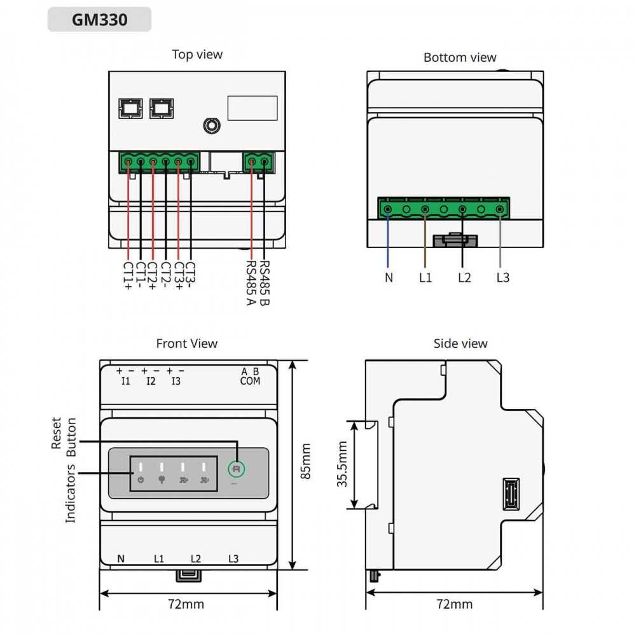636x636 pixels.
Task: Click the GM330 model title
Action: click(99, 19)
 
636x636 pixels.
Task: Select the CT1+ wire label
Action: click(128, 276)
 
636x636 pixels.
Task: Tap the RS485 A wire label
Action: click(251, 282)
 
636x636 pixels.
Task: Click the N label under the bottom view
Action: click(388, 277)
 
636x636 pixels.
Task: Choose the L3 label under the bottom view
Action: click(502, 277)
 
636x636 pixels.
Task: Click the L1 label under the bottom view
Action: click(425, 277)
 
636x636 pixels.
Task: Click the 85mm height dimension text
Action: click(306, 461)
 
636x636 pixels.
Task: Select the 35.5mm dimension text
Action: click(343, 464)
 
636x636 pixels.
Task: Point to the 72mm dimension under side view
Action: click(454, 604)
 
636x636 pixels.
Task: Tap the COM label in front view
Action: click(250, 381)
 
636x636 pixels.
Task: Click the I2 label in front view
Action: click(151, 381)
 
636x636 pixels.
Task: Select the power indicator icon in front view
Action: click(141, 480)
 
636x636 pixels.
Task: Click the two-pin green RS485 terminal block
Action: click(258, 163)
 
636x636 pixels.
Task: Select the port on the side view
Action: click(511, 494)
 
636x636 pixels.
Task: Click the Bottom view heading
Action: click(459, 57)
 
